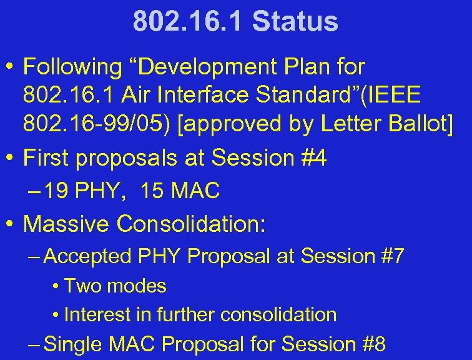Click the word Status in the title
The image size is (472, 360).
pyautogui.click(x=295, y=21)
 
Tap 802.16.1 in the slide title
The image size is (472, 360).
pyautogui.click(x=188, y=21)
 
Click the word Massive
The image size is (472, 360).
pyautogui.click(x=67, y=223)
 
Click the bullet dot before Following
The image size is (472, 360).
pyautogui.click(x=11, y=66)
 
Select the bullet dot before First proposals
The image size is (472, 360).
pyautogui.click(x=11, y=158)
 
